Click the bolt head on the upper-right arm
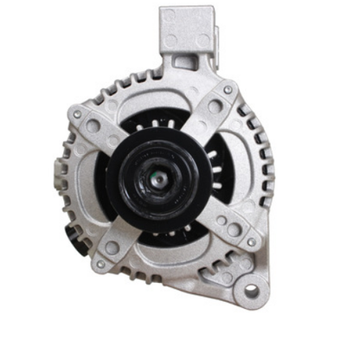228,89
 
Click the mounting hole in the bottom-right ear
251,292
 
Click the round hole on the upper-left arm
93,126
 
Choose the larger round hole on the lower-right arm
234,229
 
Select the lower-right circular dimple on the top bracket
203,40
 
